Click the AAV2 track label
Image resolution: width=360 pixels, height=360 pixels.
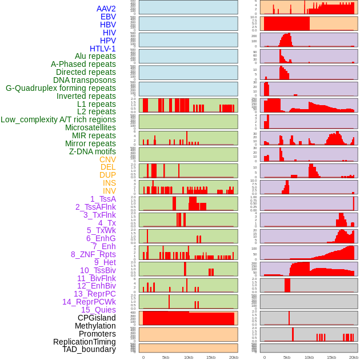click(106, 9)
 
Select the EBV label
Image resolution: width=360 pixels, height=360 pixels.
click(108, 17)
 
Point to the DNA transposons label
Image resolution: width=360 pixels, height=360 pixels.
click(85, 80)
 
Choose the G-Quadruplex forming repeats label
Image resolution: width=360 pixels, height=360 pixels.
click(61, 88)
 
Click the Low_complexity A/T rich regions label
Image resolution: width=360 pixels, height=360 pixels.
click(58, 119)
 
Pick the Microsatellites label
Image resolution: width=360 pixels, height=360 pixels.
click(90, 127)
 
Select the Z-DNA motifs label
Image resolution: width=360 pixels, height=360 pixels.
click(93, 151)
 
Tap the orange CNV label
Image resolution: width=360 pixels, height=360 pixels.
click(107, 159)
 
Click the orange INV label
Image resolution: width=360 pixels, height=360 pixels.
click(109, 191)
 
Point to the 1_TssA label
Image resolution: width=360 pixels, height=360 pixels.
click(103, 199)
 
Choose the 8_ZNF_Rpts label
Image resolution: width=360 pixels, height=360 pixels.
click(93, 254)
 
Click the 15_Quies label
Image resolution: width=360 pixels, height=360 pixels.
click(98, 310)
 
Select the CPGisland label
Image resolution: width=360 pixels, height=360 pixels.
click(97, 318)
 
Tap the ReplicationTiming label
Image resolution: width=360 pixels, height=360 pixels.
click(84, 342)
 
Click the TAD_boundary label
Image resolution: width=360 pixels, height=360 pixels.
click(89, 349)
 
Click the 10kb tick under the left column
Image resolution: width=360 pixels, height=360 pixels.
click(189, 357)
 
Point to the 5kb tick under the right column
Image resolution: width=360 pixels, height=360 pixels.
click(287, 357)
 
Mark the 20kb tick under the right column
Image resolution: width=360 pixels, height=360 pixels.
click(354, 357)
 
